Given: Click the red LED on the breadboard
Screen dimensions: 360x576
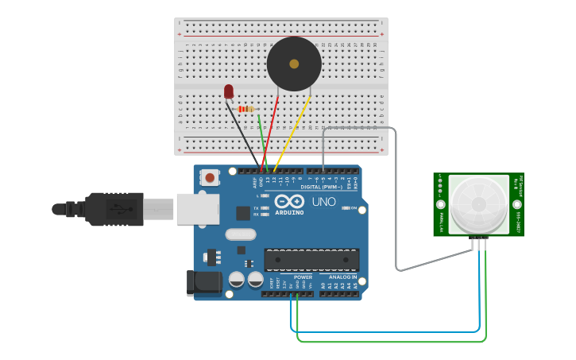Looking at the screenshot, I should (x=229, y=91).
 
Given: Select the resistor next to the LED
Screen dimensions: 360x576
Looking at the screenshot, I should (x=246, y=109).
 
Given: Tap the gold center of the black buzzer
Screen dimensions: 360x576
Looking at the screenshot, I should (x=294, y=64).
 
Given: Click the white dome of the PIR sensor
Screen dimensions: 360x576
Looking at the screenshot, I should (x=478, y=204).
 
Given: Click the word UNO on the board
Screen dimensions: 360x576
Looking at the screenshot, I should (x=323, y=202).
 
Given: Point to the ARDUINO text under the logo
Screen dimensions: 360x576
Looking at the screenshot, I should (x=290, y=212).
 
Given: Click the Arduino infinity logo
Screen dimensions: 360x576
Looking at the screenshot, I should (x=290, y=201).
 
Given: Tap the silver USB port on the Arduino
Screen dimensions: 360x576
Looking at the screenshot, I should (x=198, y=208).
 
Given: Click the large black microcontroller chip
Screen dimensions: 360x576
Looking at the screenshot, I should (x=311, y=260).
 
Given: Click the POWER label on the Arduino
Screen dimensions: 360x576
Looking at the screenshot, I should (x=303, y=277).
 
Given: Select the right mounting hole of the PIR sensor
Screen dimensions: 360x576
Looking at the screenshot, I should (x=517, y=204).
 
